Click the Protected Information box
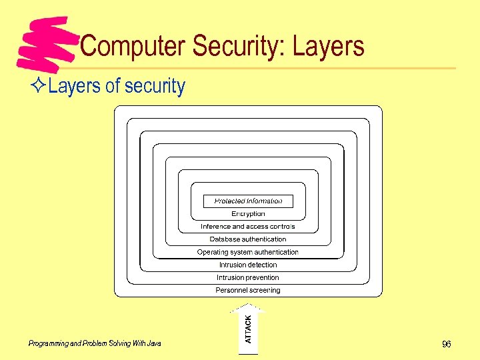coord(248,201)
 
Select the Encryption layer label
coord(248,214)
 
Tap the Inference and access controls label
coord(248,227)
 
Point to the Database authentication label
coord(248,239)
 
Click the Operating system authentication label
coord(248,252)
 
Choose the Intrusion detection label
coord(248,265)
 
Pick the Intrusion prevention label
coord(248,277)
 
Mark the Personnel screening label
coord(248,290)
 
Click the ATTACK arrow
coord(248,328)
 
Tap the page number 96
coord(446,344)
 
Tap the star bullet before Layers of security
coord(39,86)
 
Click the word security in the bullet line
coord(154,86)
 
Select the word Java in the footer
coord(154,343)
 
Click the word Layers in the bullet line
coord(74,86)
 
